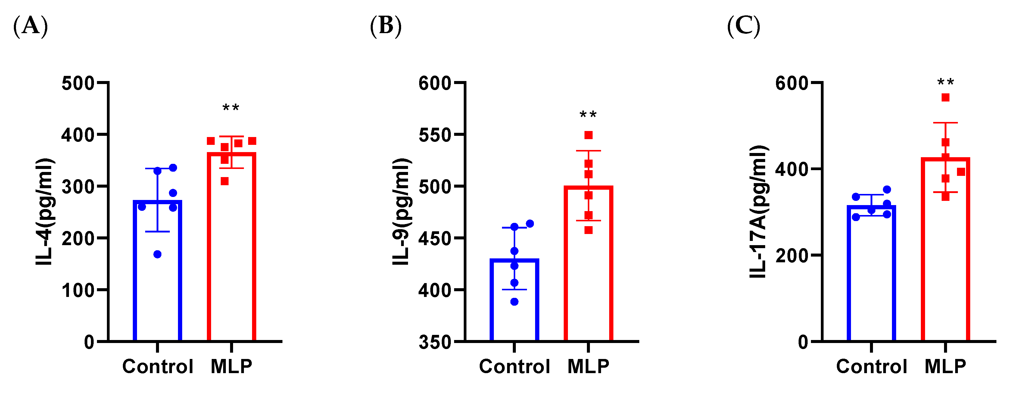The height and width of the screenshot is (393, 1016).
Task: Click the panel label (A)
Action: click(30, 27)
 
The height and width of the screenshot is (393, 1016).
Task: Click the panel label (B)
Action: click(385, 27)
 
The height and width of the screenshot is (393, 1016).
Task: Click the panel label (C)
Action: click(743, 27)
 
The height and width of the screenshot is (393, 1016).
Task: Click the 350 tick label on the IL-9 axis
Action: click(435, 342)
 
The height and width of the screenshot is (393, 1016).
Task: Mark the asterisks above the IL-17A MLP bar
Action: click(946, 82)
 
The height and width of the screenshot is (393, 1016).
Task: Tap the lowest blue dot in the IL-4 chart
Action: click(157, 254)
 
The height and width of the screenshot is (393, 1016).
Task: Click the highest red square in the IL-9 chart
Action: click(588, 135)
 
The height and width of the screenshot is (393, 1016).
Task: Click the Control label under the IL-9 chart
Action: click(514, 366)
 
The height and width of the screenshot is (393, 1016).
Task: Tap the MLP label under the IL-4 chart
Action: click(231, 366)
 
